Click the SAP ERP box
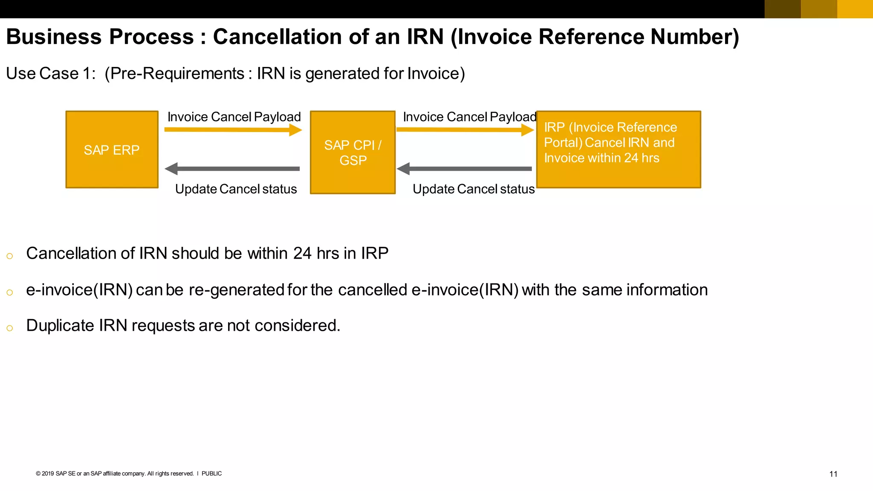click(112, 150)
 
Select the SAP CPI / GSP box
click(353, 153)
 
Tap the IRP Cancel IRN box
click(618, 150)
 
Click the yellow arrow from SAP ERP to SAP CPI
click(233, 130)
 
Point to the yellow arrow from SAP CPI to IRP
click(465, 130)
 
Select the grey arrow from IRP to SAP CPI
click(465, 169)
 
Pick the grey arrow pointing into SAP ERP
click(233, 169)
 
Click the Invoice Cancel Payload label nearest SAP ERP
click(234, 117)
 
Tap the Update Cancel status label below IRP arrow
click(473, 189)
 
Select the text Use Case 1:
click(51, 73)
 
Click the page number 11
click(833, 474)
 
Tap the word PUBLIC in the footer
click(211, 474)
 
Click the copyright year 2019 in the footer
click(48, 474)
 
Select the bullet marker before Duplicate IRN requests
click(10, 328)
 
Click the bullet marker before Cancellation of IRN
click(10, 256)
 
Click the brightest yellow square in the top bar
click(855, 9)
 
